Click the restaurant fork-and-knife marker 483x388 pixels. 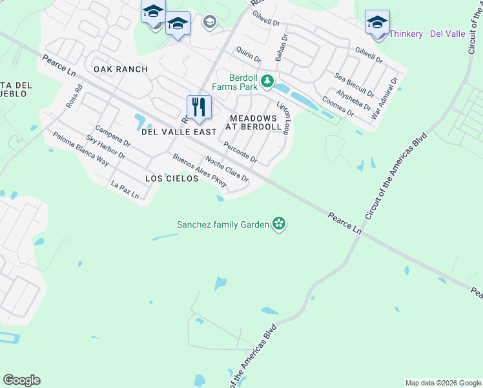pyautogui.click(x=199, y=107)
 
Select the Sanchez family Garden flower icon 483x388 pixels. pyautogui.click(x=279, y=224)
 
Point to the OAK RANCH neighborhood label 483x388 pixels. pyautogui.click(x=121, y=69)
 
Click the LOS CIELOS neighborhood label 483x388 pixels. pyautogui.click(x=172, y=178)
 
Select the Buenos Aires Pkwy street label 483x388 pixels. pyautogui.click(x=200, y=171)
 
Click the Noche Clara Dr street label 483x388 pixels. pyautogui.click(x=227, y=169)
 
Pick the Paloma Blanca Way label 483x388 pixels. pyautogui.click(x=81, y=149)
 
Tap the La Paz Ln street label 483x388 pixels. pyautogui.click(x=125, y=190)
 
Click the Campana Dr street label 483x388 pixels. pyautogui.click(x=112, y=136)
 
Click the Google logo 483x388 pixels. pyautogui.click(x=21, y=380)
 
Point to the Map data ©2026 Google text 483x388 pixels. pyautogui.click(x=443, y=383)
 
